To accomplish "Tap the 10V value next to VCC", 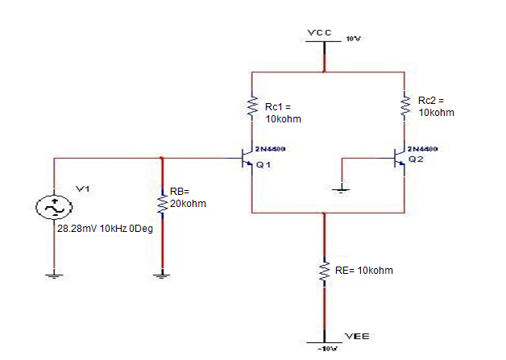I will tap(352, 39).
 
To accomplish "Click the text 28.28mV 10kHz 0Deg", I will tap(100, 229).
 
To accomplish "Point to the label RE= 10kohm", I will tap(364, 271).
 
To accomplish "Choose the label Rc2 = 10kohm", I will tap(436, 106).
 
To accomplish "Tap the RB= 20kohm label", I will tap(188, 197).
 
